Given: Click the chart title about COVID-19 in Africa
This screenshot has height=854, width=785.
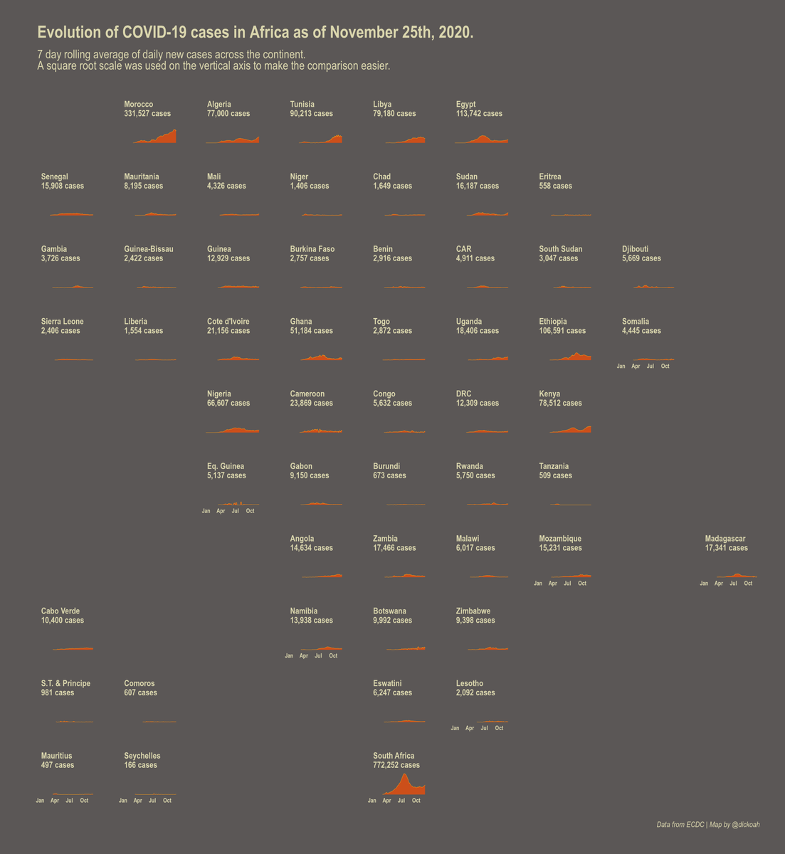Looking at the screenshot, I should [x=255, y=33].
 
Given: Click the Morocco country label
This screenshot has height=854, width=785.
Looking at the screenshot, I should [x=138, y=105].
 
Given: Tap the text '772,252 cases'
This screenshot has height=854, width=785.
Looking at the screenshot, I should [x=396, y=765].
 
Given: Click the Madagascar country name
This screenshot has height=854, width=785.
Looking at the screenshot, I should [x=725, y=539].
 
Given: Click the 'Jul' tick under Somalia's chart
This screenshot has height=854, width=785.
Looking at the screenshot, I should [x=650, y=367].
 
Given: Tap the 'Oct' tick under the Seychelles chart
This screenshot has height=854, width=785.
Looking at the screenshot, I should [x=167, y=801].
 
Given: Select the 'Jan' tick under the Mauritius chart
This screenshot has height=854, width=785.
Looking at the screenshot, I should [x=40, y=801].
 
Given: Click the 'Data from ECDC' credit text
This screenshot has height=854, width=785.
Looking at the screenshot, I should [x=680, y=825].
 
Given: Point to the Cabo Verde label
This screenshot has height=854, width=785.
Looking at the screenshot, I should [x=60, y=611].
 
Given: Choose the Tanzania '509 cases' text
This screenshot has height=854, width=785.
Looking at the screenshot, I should [x=555, y=475].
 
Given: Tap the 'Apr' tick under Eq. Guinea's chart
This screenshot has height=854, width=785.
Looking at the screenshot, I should [x=221, y=511].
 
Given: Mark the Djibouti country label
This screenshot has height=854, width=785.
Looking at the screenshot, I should [x=635, y=249].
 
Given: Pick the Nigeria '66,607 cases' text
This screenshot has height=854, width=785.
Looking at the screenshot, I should [x=228, y=404].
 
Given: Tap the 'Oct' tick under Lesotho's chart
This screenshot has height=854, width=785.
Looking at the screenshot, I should [x=499, y=728].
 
